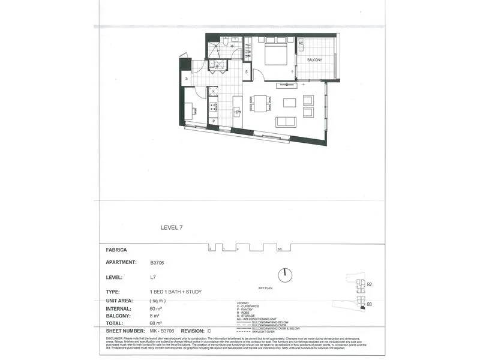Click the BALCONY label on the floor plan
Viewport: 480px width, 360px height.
[314, 60]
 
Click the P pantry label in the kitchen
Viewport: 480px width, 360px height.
[213, 122]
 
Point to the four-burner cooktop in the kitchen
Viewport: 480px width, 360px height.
[213, 107]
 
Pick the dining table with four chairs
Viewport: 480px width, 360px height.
[260, 103]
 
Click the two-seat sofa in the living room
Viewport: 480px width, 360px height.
[286, 122]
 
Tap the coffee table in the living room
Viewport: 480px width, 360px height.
[290, 103]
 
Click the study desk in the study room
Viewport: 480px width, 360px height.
[188, 110]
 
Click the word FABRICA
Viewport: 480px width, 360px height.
[116, 250]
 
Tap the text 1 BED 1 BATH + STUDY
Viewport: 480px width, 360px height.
[176, 292]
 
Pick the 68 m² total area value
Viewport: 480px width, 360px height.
[156, 323]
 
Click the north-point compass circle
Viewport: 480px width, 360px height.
[286, 275]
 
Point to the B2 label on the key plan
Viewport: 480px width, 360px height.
[370, 284]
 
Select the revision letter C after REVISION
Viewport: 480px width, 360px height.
[209, 331]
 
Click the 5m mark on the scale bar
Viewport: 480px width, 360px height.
[280, 248]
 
